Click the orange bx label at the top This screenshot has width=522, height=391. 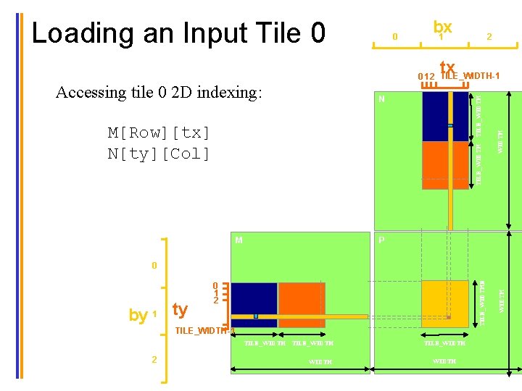tap(442, 27)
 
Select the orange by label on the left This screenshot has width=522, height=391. tap(138, 315)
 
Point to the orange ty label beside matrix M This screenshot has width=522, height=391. tap(180, 310)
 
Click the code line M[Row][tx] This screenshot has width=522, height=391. tap(159, 133)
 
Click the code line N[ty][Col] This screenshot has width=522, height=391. tap(159, 154)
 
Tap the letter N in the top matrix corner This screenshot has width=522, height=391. tap(382, 100)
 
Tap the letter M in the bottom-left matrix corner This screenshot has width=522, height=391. tap(239, 240)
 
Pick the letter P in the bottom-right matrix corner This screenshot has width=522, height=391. tap(381, 240)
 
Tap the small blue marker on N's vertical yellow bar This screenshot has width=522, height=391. tap(450, 125)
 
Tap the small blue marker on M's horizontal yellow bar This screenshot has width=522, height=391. tap(256, 316)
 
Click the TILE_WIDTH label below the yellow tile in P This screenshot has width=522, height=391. tap(444, 343)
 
